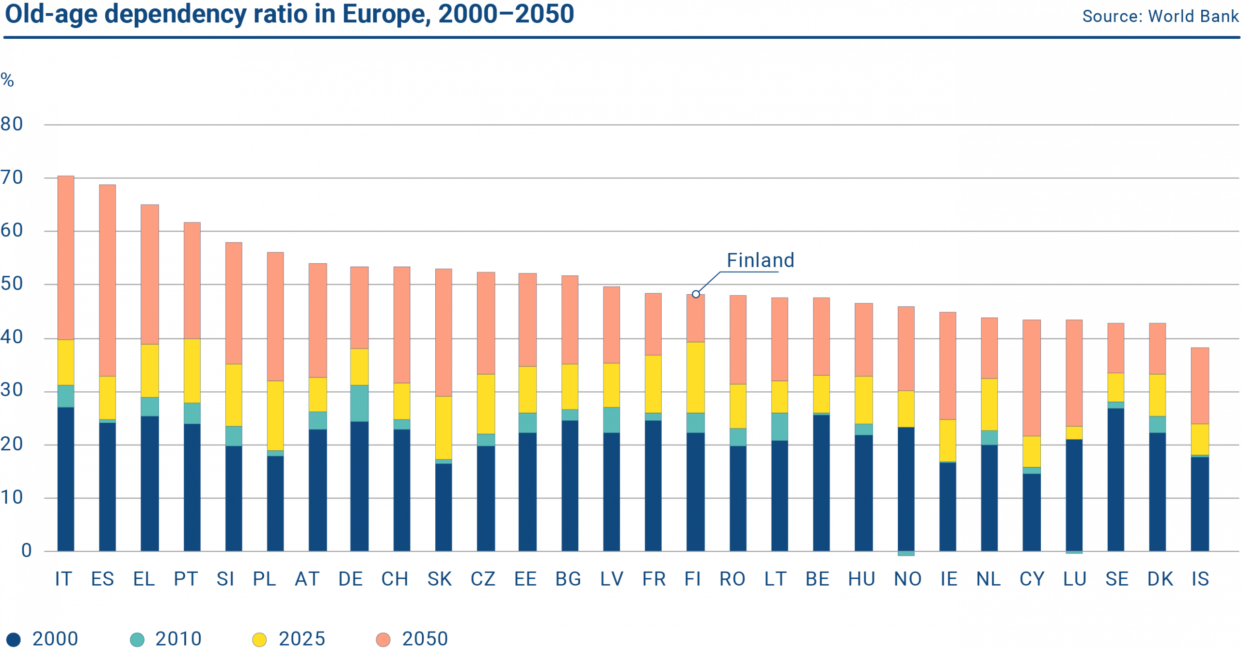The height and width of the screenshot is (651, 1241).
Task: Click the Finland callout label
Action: pos(760,260)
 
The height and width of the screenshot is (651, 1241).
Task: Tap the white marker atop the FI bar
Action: pos(696,294)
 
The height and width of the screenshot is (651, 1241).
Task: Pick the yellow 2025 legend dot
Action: pos(260,639)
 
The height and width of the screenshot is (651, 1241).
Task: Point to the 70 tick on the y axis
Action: pos(12,178)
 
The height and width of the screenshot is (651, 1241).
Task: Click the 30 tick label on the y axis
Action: pos(12,391)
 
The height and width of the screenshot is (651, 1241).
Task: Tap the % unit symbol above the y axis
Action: pos(7,80)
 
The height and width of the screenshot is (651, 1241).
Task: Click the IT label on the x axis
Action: pos(64,579)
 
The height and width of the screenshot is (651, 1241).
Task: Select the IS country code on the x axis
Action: pos(1200,579)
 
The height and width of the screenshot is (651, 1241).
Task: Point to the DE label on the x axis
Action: pos(350,579)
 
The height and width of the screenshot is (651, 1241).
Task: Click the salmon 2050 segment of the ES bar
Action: pos(107,280)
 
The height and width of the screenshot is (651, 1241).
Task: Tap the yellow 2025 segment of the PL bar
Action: pos(275,415)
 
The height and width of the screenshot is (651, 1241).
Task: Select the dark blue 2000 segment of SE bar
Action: pos(1116,480)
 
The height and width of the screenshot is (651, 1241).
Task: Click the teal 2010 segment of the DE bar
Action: pos(359,403)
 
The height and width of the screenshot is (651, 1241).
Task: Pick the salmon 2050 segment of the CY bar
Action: pos(1032,378)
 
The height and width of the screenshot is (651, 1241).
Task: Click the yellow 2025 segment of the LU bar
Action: pos(1074,432)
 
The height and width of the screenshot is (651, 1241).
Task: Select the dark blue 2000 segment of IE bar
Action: pos(948,507)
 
